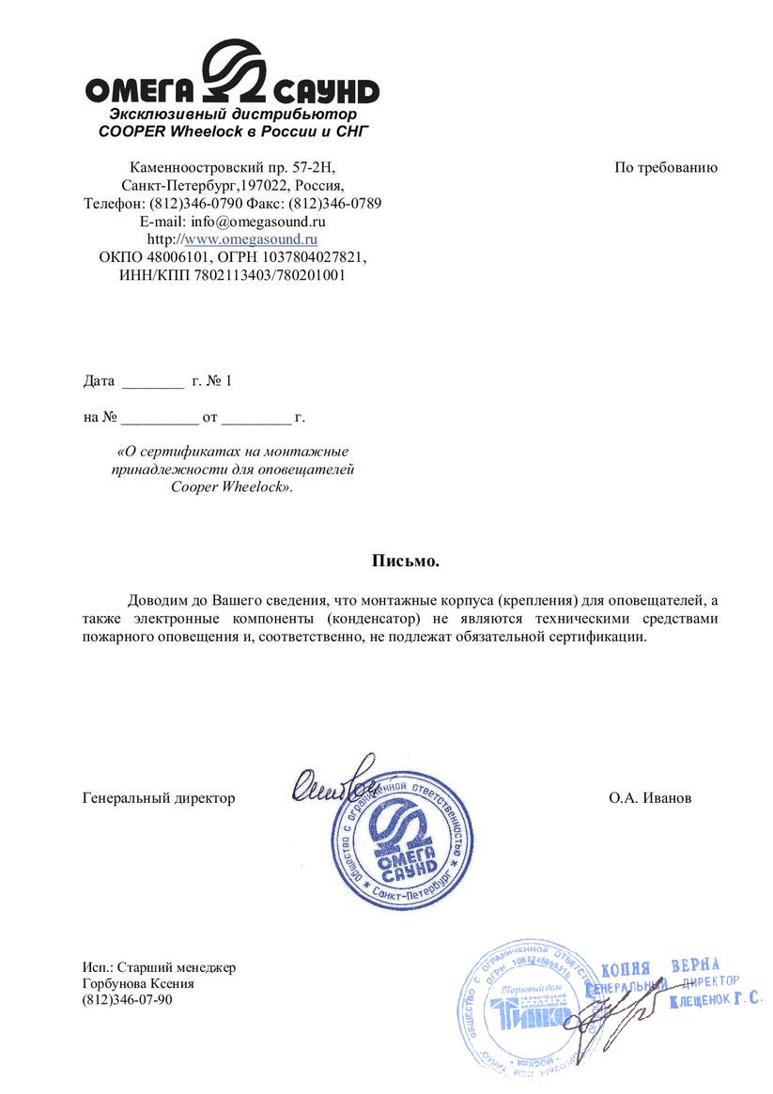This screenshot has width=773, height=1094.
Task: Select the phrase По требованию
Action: click(x=666, y=168)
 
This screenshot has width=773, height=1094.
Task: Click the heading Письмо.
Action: click(x=406, y=562)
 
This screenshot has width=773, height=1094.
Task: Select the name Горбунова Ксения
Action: click(x=138, y=983)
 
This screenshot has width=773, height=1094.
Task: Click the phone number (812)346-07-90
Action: click(x=128, y=999)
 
